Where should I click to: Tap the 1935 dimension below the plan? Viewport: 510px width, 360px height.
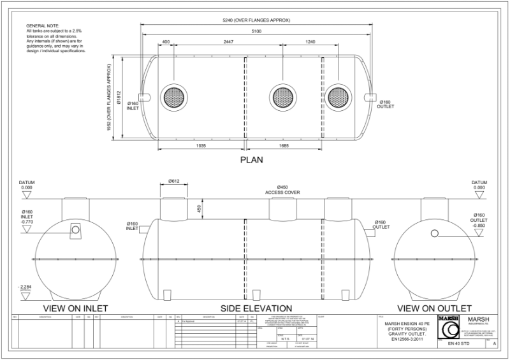pos(201,146)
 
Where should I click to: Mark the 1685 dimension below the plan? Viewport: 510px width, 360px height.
pos(284,146)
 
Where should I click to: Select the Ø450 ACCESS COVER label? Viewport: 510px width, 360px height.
pos(282,189)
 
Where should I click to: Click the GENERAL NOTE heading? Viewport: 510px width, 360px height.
pos(44,25)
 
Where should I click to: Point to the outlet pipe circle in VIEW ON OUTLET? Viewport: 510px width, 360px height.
pos(435,233)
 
